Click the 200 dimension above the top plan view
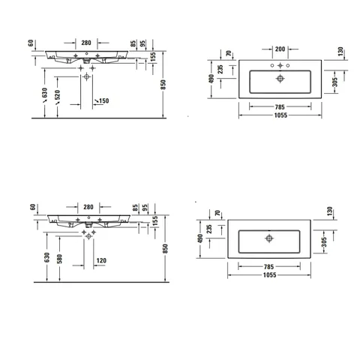tap(280, 49)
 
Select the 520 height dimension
tap(58, 94)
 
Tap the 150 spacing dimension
tap(103, 100)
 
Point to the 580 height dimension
tap(59, 259)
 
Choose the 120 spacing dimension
tap(101, 260)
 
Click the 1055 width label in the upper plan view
tap(280, 115)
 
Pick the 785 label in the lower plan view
tap(269, 267)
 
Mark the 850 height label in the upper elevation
tap(163, 85)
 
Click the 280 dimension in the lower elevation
tap(88, 207)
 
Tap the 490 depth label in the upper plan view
tap(211, 79)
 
